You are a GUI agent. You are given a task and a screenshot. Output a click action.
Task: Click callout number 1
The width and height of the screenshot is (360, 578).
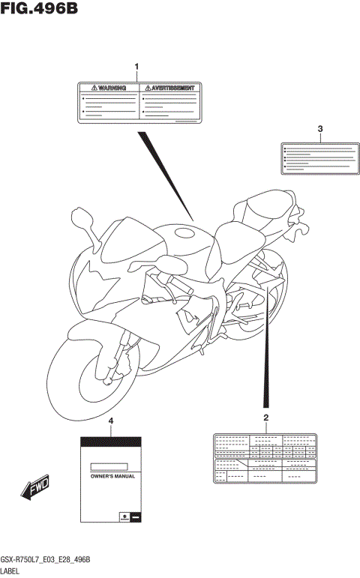point(136,67)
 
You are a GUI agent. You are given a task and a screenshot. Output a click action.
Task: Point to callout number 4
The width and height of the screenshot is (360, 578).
point(111,422)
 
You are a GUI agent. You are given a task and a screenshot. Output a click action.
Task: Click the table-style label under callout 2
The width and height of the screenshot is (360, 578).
point(265,458)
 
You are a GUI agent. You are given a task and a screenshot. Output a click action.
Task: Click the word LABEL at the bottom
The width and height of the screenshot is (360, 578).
point(13,571)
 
